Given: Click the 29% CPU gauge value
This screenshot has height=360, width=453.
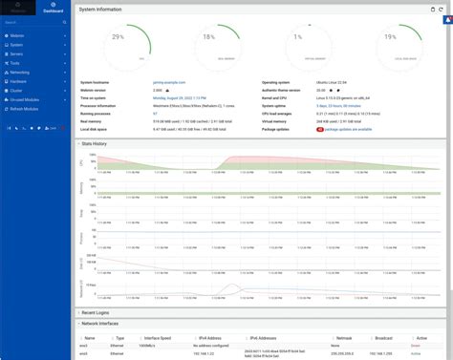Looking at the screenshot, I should (x=119, y=37).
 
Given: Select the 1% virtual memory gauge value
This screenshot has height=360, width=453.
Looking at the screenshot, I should (x=298, y=38).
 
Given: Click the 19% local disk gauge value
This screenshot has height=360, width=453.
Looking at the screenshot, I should (x=389, y=38).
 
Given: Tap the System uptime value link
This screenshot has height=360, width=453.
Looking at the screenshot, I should (x=342, y=105).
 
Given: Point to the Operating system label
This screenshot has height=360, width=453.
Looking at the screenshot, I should (x=281, y=83).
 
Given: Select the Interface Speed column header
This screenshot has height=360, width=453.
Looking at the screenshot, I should (x=159, y=337).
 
